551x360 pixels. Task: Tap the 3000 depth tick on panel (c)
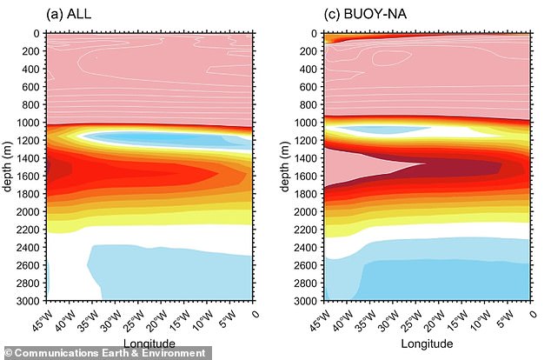[304, 301]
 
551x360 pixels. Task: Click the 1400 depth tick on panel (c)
[304, 158]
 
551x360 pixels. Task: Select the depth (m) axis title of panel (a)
[8, 167]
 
